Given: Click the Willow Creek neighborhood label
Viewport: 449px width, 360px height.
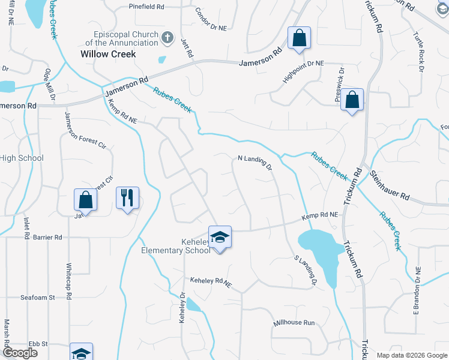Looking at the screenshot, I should tap(108, 54).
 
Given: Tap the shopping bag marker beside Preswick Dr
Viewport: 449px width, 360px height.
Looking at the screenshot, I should tap(353, 100).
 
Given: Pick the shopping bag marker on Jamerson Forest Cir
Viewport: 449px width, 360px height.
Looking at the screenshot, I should tap(85, 200).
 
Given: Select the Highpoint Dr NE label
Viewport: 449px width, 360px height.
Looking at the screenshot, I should tap(303, 73).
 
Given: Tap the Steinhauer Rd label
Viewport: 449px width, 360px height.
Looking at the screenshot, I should tap(390, 185).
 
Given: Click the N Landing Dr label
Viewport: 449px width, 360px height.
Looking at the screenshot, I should tap(255, 162).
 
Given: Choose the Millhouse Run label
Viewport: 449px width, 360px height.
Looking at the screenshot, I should tap(294, 323).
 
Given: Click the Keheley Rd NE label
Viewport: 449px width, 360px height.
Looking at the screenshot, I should tap(211, 281).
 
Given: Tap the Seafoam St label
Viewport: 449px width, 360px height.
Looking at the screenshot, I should tap(37, 297).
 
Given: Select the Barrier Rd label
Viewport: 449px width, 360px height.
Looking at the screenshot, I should tap(49, 238).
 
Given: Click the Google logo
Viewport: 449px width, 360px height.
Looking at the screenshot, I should tap(19, 353).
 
